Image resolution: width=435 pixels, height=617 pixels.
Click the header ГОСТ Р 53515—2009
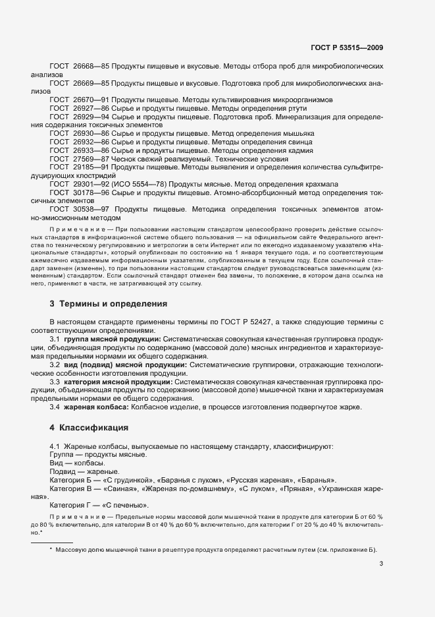351,47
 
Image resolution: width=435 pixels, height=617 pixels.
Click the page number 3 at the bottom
382,564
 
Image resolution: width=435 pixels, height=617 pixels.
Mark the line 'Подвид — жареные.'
84,471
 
